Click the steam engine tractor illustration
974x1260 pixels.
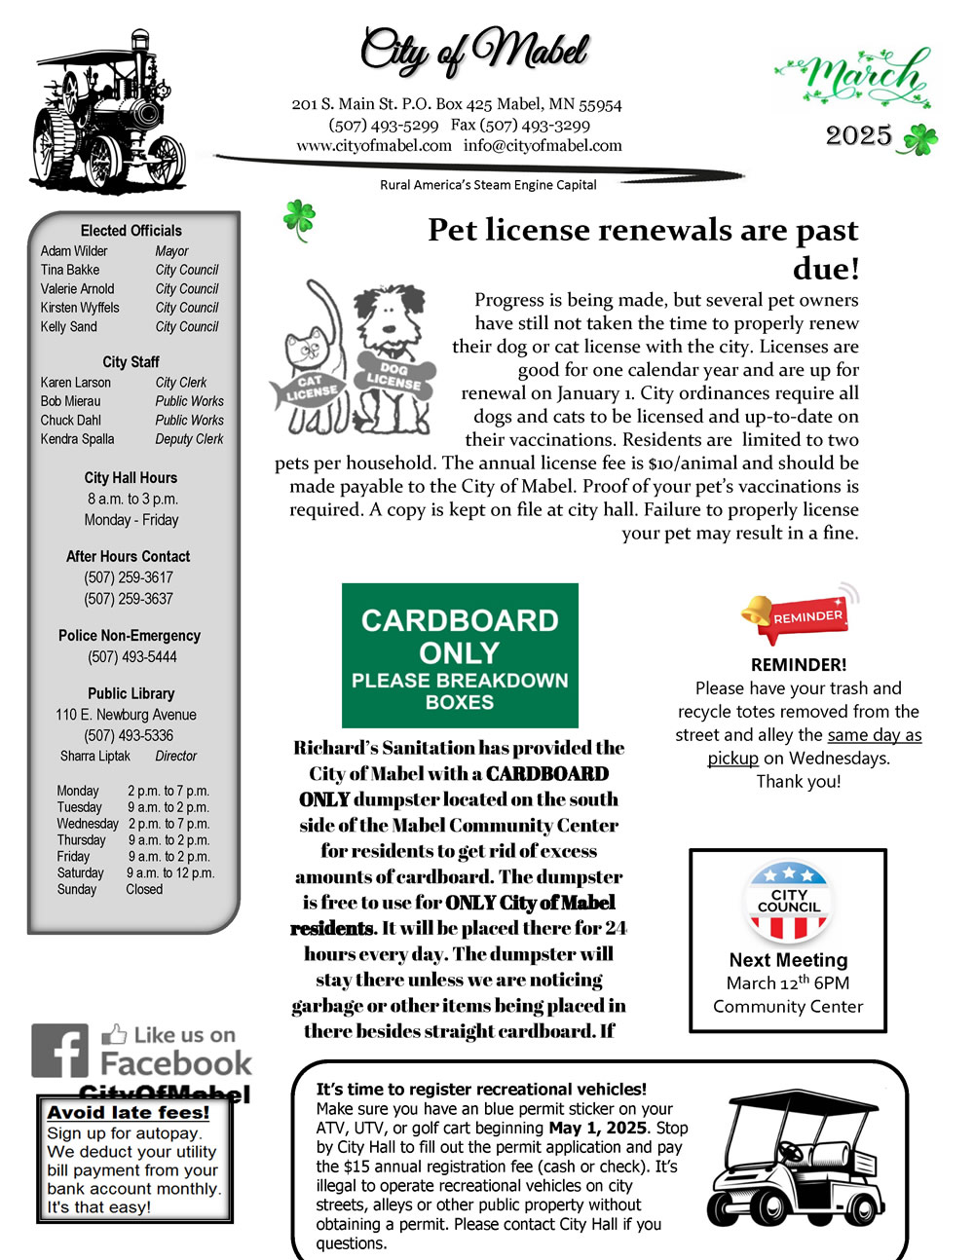(109, 115)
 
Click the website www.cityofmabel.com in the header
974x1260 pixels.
(374, 146)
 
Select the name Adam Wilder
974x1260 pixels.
(74, 251)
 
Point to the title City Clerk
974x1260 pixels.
(181, 383)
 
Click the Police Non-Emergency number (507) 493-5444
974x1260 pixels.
(132, 657)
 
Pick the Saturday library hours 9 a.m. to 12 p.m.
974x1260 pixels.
(170, 873)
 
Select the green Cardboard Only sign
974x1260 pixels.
(460, 655)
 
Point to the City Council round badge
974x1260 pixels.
(788, 902)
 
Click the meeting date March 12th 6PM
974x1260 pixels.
(788, 982)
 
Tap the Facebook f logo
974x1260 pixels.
(59, 1051)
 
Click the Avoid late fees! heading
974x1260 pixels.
(129, 1113)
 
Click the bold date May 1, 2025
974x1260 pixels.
(598, 1128)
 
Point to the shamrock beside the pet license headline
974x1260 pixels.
(299, 219)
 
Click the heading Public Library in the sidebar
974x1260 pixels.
(131, 693)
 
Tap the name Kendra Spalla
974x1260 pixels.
(78, 439)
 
